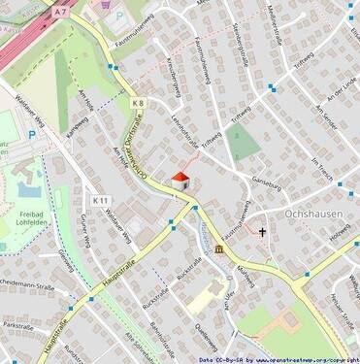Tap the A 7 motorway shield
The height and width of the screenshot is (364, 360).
(x=61, y=12)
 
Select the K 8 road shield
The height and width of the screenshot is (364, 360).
(x=137, y=101)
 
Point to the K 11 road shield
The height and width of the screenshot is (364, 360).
(x=101, y=200)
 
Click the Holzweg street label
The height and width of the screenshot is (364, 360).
(x=340, y=236)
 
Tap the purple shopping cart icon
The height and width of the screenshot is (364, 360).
(x=104, y=4)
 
